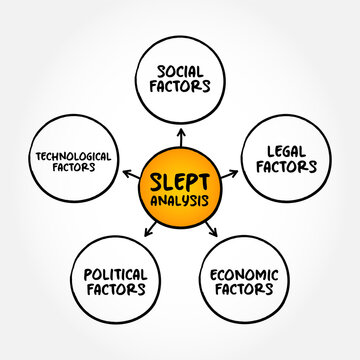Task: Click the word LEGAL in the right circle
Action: tap(279, 150)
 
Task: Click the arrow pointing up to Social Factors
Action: tap(182, 133)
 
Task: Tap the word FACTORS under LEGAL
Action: tap(279, 167)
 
